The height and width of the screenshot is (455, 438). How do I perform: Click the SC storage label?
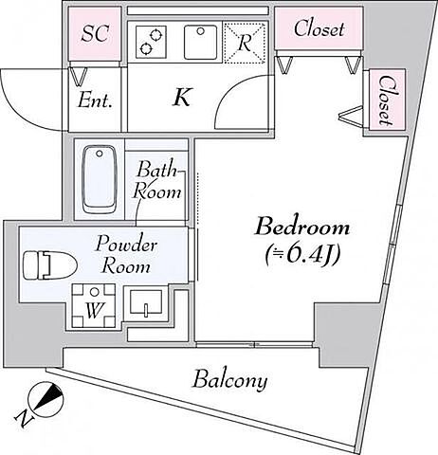click(x=95, y=33)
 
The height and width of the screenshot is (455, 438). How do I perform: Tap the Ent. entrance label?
click(x=95, y=101)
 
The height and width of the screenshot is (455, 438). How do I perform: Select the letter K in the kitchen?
click(x=182, y=97)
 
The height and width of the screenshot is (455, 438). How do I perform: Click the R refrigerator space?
click(x=245, y=42)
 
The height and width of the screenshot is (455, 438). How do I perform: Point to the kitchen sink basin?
click(x=201, y=43)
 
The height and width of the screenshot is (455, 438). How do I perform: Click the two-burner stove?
click(x=151, y=42)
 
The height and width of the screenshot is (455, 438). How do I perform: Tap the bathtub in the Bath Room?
click(x=100, y=179)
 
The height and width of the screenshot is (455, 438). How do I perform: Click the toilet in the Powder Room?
click(x=50, y=264)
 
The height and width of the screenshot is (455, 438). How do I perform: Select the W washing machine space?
click(x=94, y=306)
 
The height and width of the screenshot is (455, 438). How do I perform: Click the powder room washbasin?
click(x=146, y=302)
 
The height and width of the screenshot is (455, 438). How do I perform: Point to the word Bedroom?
click(x=302, y=227)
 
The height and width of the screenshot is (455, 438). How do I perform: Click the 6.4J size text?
click(x=302, y=255)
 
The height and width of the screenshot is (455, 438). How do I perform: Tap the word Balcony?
click(x=230, y=380)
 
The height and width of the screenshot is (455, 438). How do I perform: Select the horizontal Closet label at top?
click(x=319, y=28)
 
